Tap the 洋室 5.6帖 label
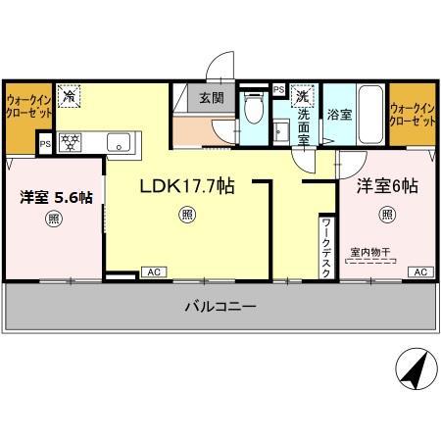coord(57,197)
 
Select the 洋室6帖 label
coord(387,185)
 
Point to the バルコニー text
coord(220,307)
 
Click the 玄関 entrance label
coord(212,98)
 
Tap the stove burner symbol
coord(71,140)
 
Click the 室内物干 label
coord(371,253)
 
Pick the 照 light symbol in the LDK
coord(186,216)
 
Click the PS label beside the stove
coord(44,143)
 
